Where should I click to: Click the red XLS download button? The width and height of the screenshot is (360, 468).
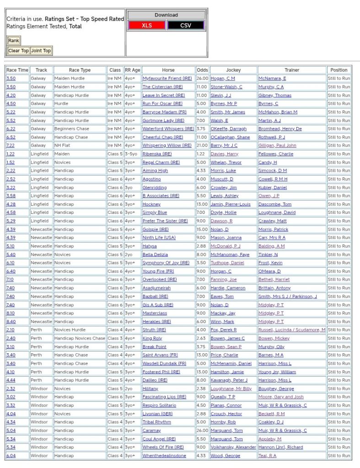pyautogui.click(x=146, y=26)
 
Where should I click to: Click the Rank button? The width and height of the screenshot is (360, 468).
pyautogui.click(x=14, y=41)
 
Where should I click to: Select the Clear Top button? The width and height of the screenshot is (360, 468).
pyautogui.click(x=18, y=51)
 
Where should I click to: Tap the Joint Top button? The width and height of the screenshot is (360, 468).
pyautogui.click(x=41, y=51)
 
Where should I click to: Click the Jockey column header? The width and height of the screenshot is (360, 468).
pyautogui.click(x=233, y=70)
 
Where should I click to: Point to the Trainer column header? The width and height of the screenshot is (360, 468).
pyautogui.click(x=292, y=70)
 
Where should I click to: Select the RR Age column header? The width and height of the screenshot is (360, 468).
pyautogui.click(x=133, y=70)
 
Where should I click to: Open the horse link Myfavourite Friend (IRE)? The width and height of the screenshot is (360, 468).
pyautogui.click(x=167, y=79)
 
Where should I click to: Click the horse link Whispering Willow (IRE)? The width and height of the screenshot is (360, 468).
pyautogui.click(x=167, y=145)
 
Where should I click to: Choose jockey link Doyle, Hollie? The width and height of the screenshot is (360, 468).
pyautogui.click(x=223, y=213)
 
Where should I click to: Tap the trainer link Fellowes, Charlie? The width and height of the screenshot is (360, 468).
pyautogui.click(x=276, y=154)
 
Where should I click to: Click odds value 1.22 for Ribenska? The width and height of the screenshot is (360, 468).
pyautogui.click(x=201, y=154)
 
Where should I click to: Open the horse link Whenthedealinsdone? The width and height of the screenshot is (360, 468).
pyautogui.click(x=164, y=456)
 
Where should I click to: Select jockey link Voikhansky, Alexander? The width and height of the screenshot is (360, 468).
pyautogui.click(x=233, y=447)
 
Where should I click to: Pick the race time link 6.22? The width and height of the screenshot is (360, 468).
pyautogui.click(x=11, y=129)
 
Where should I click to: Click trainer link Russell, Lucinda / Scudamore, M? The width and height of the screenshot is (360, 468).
pyautogui.click(x=292, y=330)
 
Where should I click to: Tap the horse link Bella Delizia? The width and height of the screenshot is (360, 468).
pyautogui.click(x=155, y=255)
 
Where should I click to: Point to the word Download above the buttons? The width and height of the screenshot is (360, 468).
pyautogui.click(x=166, y=15)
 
